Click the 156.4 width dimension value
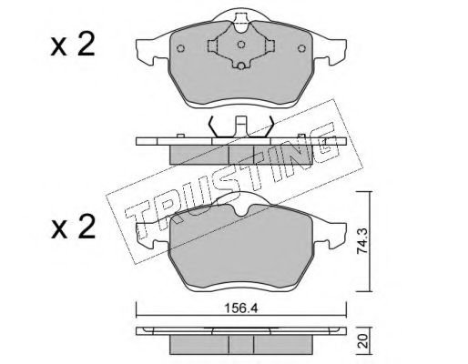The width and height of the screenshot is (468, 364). click(x=241, y=308)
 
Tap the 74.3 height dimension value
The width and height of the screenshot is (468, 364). click(x=362, y=241)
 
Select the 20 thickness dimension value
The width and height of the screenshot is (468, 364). click(x=364, y=341)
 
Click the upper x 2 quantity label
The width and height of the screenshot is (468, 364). click(x=73, y=46)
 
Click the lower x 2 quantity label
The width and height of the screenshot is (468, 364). click(x=73, y=227)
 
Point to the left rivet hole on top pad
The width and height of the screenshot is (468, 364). click(x=180, y=48)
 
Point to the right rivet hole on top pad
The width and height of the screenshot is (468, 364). click(x=301, y=48)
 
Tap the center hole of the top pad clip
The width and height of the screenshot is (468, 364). click(x=241, y=45)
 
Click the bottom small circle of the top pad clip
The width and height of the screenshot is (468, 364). click(x=241, y=66)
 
